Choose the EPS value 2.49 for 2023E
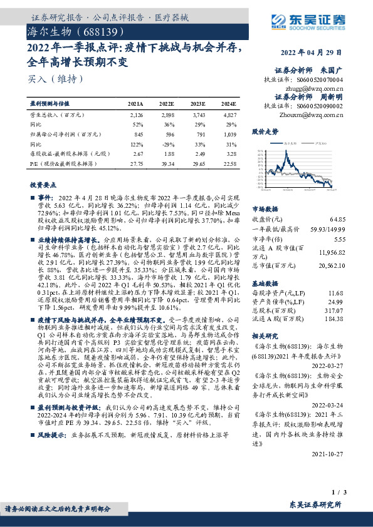(x=197, y=153)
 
